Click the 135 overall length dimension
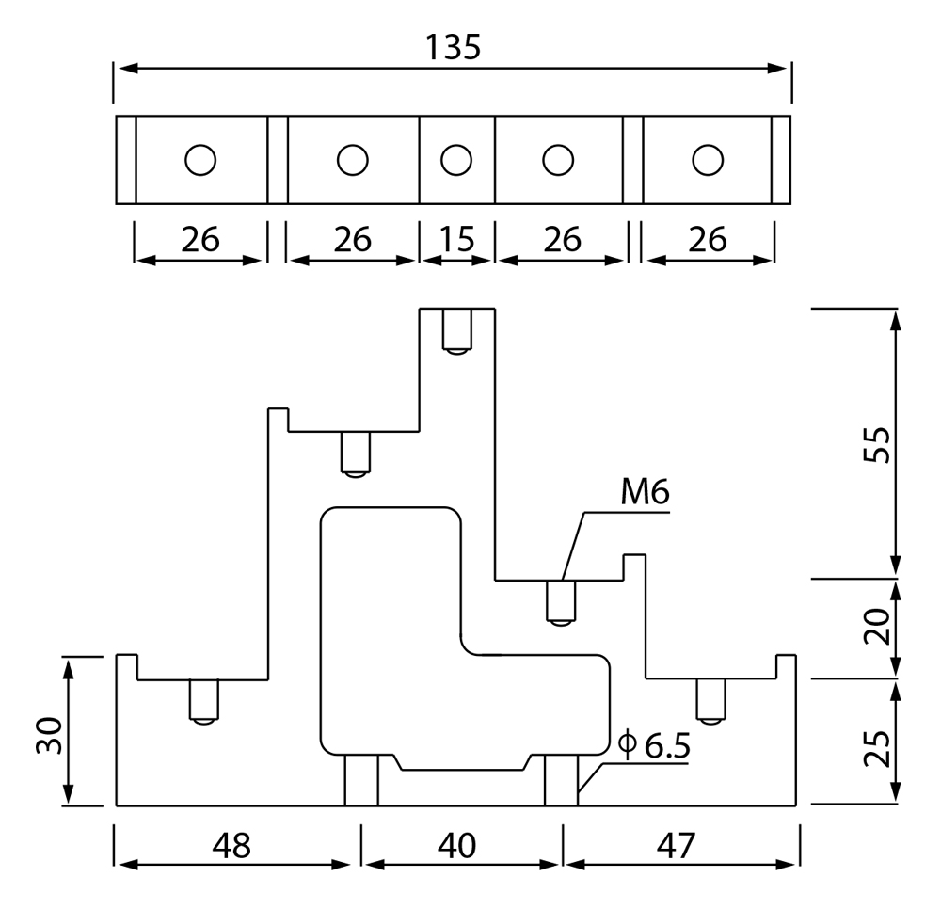tap(454, 47)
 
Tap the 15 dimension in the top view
tap(456, 239)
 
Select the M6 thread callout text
tap(646, 492)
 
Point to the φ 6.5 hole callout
tap(654, 745)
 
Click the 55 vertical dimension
tap(877, 444)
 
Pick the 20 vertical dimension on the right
tap(877, 627)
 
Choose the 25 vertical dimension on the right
tap(877, 748)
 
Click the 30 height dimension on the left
tap(49, 735)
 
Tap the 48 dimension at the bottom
tap(231, 845)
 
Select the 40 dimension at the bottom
tap(456, 845)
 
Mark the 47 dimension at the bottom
tap(676, 845)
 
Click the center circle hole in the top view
tap(456, 160)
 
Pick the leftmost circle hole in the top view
tap(200, 160)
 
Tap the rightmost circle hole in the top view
tap(708, 160)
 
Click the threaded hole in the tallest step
tap(456, 331)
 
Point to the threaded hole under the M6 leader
tap(561, 603)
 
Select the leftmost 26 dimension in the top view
tap(200, 239)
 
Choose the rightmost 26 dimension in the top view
tap(709, 239)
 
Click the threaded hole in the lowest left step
tap(204, 702)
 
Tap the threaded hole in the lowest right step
tap(710, 702)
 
